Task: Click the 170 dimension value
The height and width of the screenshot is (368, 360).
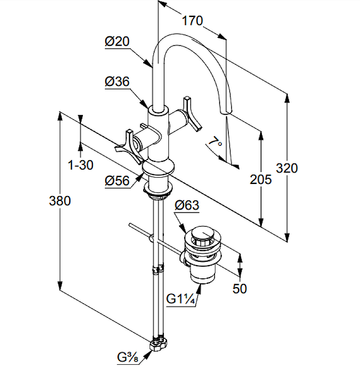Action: (192, 21)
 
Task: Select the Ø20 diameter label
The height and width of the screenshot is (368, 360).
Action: (116, 41)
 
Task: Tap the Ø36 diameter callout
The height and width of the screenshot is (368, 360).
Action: (117, 82)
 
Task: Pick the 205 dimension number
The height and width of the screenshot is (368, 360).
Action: (261, 179)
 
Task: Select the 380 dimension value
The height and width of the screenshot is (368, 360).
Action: (60, 201)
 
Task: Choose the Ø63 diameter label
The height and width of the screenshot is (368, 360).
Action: (186, 205)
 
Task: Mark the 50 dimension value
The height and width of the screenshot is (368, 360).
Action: (239, 288)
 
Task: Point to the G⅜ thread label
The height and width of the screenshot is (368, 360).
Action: (130, 357)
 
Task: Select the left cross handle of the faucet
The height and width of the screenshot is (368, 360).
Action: (130, 146)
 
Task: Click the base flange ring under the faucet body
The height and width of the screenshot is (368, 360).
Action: (159, 168)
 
